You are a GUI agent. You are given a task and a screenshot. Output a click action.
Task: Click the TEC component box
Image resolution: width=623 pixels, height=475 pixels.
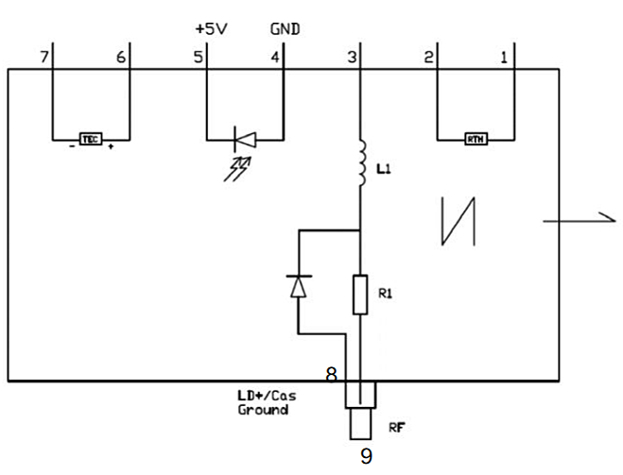click(90, 139)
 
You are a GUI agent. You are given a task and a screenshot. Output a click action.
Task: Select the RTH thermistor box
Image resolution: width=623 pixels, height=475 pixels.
click(476, 140)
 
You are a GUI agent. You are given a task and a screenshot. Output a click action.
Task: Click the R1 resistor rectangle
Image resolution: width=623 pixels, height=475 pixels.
click(360, 294)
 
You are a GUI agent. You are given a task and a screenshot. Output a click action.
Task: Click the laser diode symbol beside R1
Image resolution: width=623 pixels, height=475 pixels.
click(299, 285)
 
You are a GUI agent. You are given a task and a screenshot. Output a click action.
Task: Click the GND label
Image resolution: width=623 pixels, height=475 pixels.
click(285, 29)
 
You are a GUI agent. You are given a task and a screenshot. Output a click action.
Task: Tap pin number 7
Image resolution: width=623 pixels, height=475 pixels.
click(43, 58)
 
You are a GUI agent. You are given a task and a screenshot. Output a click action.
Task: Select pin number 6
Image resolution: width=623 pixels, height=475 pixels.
click(120, 58)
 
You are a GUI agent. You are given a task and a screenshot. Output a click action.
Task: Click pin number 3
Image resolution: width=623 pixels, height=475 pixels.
click(352, 58)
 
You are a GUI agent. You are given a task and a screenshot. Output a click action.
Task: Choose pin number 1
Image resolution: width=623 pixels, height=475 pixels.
click(504, 58)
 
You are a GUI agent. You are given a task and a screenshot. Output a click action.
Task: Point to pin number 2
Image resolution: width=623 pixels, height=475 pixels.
click(428, 58)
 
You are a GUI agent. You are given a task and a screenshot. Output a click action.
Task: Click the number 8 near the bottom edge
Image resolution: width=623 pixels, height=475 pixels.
click(332, 374)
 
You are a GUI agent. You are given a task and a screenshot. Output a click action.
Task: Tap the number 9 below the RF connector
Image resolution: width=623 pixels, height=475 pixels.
click(367, 457)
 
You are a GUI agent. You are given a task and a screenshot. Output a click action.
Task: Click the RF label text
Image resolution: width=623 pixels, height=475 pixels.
click(397, 427)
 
